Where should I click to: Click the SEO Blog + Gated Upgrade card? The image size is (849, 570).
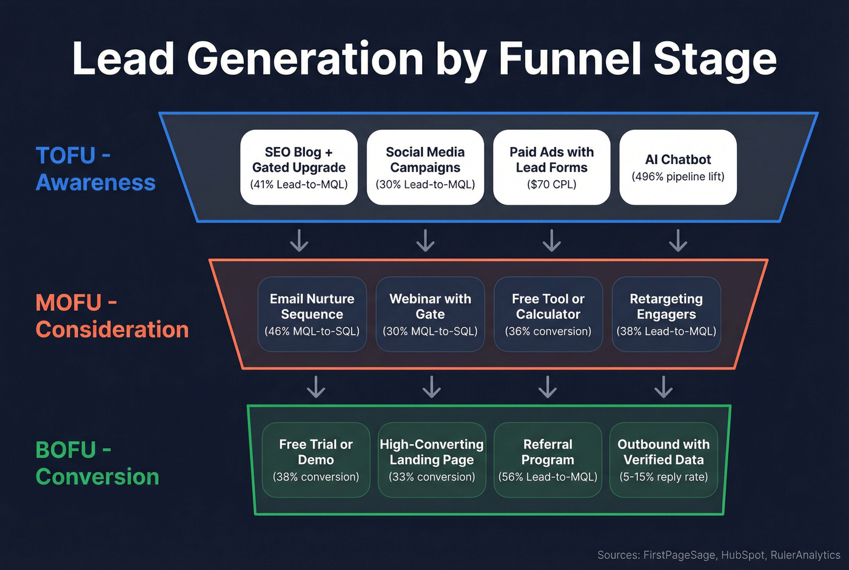(299, 168)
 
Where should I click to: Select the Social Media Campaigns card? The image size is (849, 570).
(425, 168)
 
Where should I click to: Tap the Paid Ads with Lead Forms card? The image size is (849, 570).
(551, 168)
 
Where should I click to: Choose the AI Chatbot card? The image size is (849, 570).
(678, 168)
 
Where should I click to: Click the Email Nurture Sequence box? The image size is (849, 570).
(312, 314)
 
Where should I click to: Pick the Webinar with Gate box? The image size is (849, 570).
(430, 314)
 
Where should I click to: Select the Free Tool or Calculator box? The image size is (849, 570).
(548, 314)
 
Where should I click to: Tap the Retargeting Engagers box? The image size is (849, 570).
(666, 314)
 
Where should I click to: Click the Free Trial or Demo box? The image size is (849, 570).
(316, 460)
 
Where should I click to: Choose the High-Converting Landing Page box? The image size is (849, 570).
(432, 460)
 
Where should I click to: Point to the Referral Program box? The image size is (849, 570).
(548, 460)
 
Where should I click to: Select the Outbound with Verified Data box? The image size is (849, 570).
(663, 460)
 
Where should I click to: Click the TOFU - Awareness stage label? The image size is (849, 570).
(95, 169)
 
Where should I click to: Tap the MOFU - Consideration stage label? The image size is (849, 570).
(112, 316)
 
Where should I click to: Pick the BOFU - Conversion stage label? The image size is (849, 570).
(97, 463)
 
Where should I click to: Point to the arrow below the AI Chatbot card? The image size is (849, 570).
(678, 240)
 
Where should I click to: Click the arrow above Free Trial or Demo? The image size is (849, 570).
(316, 387)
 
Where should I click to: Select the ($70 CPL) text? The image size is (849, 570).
(551, 185)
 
